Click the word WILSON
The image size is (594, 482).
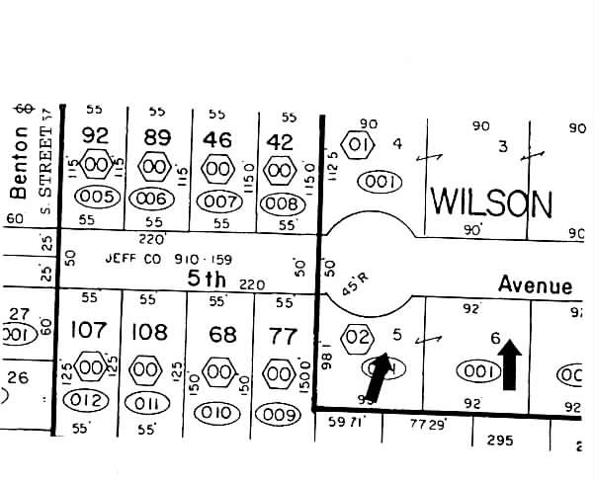(x=490, y=203)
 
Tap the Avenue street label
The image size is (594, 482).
(x=535, y=285)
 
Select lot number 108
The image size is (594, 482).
(x=150, y=332)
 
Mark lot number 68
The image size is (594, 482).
(x=222, y=335)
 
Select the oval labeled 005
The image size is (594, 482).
(x=98, y=197)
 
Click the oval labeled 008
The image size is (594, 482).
(x=282, y=204)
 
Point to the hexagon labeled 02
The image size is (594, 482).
(x=357, y=339)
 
